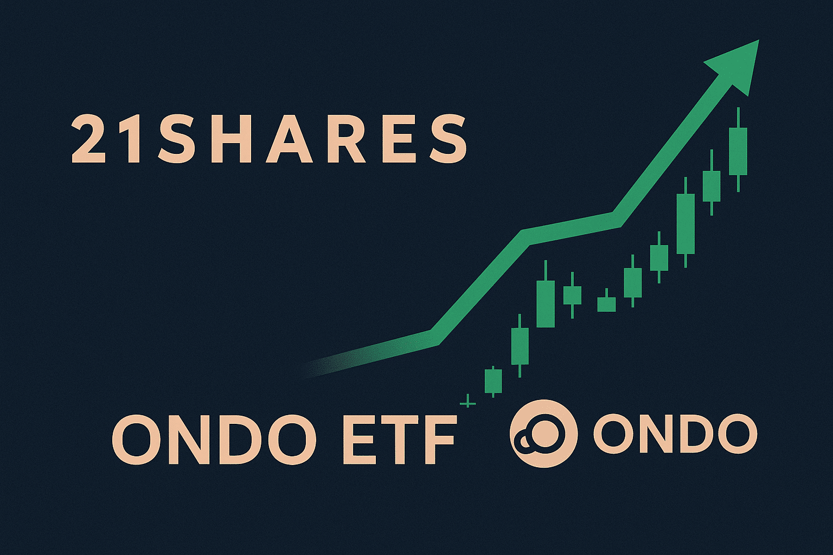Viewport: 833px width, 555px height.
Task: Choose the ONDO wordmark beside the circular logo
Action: pos(675,434)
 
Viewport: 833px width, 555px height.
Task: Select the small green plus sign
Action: pos(468,404)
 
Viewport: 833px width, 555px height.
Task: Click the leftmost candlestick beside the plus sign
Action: pos(493,380)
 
